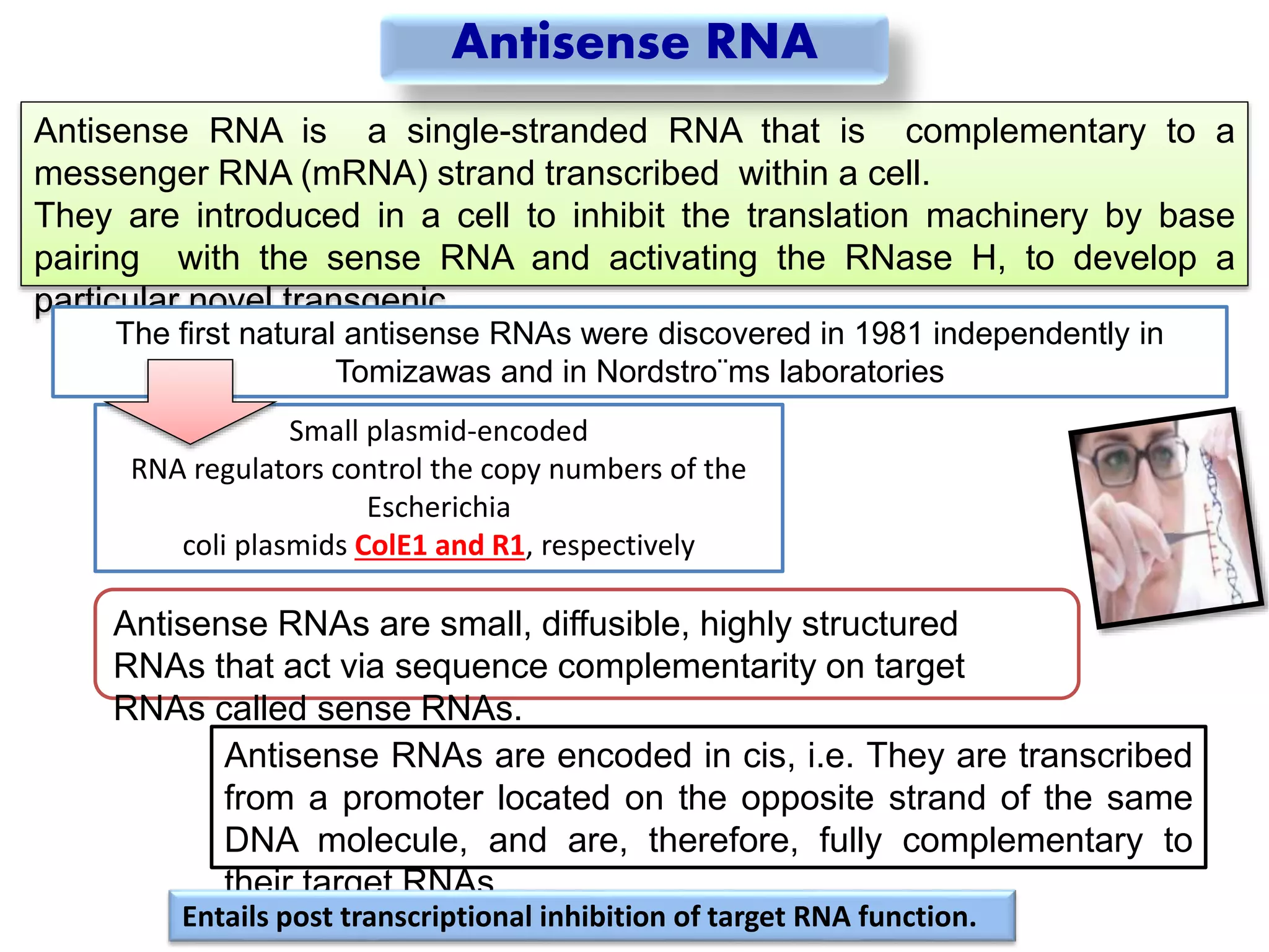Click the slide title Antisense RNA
(x=634, y=42)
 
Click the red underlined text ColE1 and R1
(x=439, y=545)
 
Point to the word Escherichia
(x=439, y=507)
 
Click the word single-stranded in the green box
(x=527, y=131)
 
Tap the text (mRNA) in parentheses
(x=364, y=174)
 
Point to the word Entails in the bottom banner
(x=226, y=917)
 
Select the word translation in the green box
(x=828, y=216)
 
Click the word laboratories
(x=861, y=372)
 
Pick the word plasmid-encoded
(x=477, y=431)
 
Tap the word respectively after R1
(x=618, y=545)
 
